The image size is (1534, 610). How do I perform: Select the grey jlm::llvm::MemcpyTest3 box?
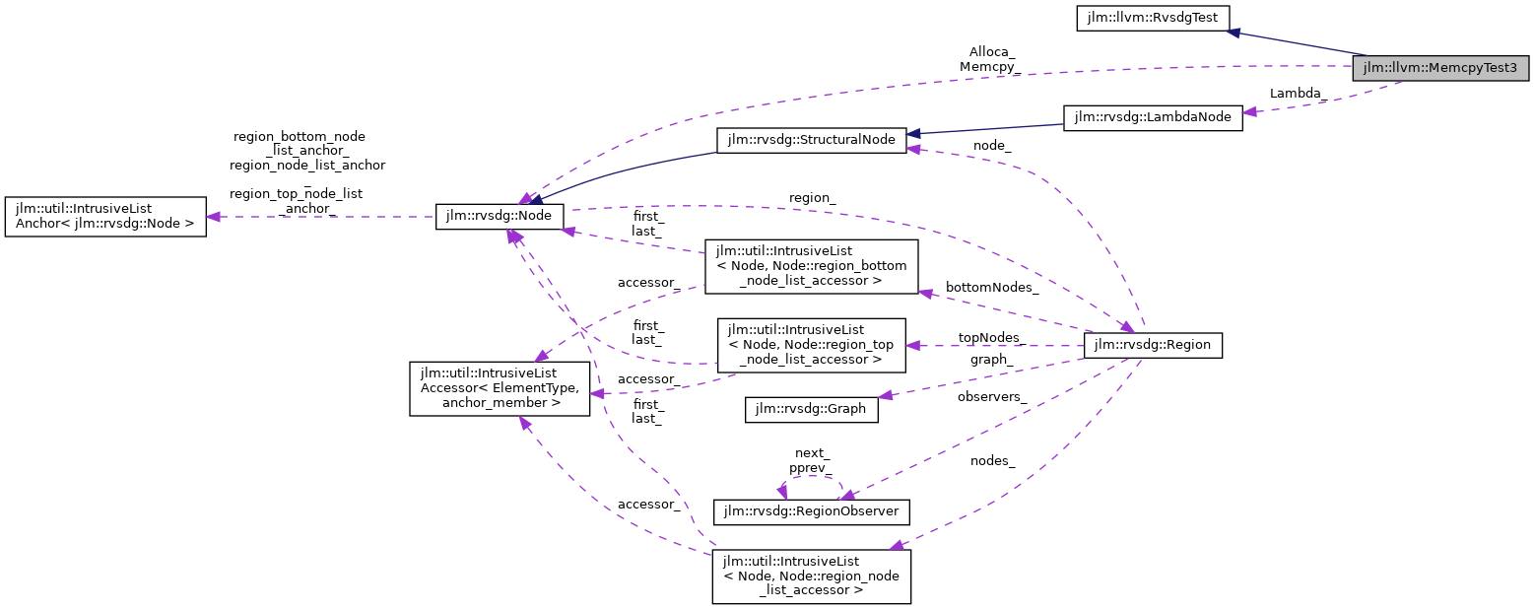tap(1441, 68)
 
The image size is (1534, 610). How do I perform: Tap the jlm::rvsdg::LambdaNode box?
tap(1152, 116)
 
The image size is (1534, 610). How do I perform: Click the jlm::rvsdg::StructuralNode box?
tap(810, 140)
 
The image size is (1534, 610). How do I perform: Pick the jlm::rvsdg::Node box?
tap(500, 217)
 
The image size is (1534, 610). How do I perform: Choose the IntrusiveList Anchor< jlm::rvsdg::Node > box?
tap(105, 217)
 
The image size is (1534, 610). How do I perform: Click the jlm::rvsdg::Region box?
tap(1152, 345)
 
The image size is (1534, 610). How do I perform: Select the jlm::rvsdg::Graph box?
tap(811, 409)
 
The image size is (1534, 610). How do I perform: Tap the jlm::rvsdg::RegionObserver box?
tap(811, 511)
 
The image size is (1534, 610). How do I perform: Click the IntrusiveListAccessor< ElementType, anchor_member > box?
tap(500, 387)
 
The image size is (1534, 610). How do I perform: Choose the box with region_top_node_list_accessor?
tap(811, 345)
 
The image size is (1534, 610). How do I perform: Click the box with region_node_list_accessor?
tap(811, 576)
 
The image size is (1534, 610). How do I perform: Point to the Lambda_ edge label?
tap(1297, 93)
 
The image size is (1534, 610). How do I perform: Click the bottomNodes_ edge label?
tap(991, 287)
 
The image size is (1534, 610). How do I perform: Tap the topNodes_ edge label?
tap(991, 337)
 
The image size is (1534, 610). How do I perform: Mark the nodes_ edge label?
tap(992, 460)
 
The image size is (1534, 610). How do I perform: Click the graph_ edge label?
tap(990, 359)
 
